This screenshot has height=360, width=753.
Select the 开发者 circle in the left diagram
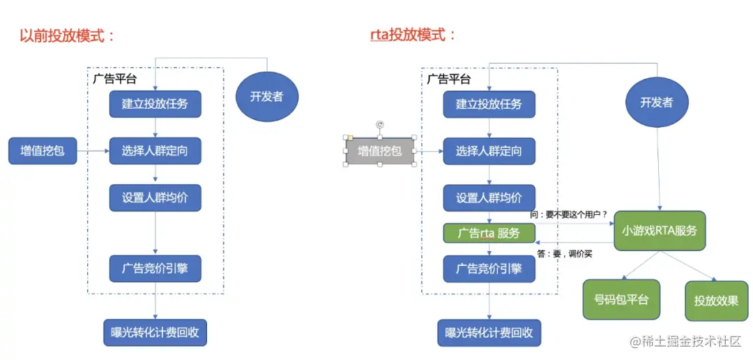(266, 96)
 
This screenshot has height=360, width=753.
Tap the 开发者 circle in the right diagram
(656, 103)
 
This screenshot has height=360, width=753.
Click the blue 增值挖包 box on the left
(43, 150)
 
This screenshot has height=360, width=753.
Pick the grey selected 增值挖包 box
(380, 151)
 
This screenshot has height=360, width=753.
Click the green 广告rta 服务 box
(489, 233)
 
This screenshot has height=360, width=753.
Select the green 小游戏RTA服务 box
(660, 230)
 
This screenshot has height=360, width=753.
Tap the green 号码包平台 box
(621, 300)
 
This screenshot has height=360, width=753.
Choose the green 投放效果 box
(716, 301)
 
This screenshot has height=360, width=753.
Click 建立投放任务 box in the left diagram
(155, 104)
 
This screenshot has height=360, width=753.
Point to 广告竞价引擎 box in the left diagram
(155, 268)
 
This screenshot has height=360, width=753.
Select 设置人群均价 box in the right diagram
(489, 197)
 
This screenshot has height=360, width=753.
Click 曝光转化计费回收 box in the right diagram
(489, 333)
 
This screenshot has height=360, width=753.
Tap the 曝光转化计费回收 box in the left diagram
(155, 332)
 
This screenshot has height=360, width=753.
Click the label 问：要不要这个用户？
(568, 214)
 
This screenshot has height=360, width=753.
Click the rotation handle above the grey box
(380, 124)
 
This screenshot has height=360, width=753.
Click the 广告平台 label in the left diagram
(115, 78)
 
